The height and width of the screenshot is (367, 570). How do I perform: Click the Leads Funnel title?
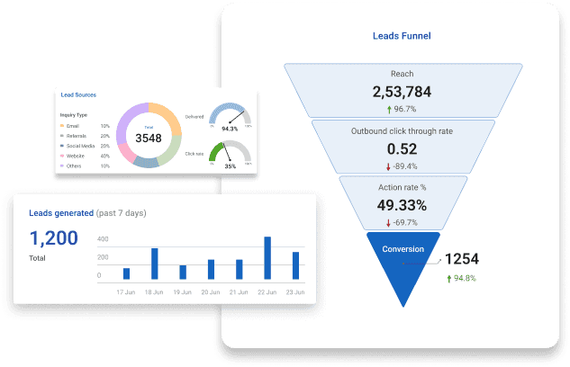[x=402, y=37]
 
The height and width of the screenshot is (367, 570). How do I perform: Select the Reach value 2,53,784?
[x=402, y=92]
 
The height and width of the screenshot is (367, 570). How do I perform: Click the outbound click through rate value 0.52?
[x=402, y=149]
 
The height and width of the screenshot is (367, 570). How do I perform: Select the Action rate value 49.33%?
[x=402, y=206]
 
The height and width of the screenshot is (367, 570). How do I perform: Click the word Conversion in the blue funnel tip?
[x=402, y=249]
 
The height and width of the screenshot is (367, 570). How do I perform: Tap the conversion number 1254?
[x=461, y=259]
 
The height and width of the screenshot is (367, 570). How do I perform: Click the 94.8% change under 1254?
[x=465, y=278]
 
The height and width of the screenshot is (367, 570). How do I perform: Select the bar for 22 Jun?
[x=267, y=258]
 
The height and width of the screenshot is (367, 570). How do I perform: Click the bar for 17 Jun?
[x=126, y=273]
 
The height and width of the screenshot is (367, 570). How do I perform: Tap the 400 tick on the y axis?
[x=103, y=239]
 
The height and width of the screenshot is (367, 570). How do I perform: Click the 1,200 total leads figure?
[x=53, y=238]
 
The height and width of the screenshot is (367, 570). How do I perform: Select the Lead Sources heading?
[x=78, y=94]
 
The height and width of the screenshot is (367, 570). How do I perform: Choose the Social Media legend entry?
[x=81, y=146]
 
